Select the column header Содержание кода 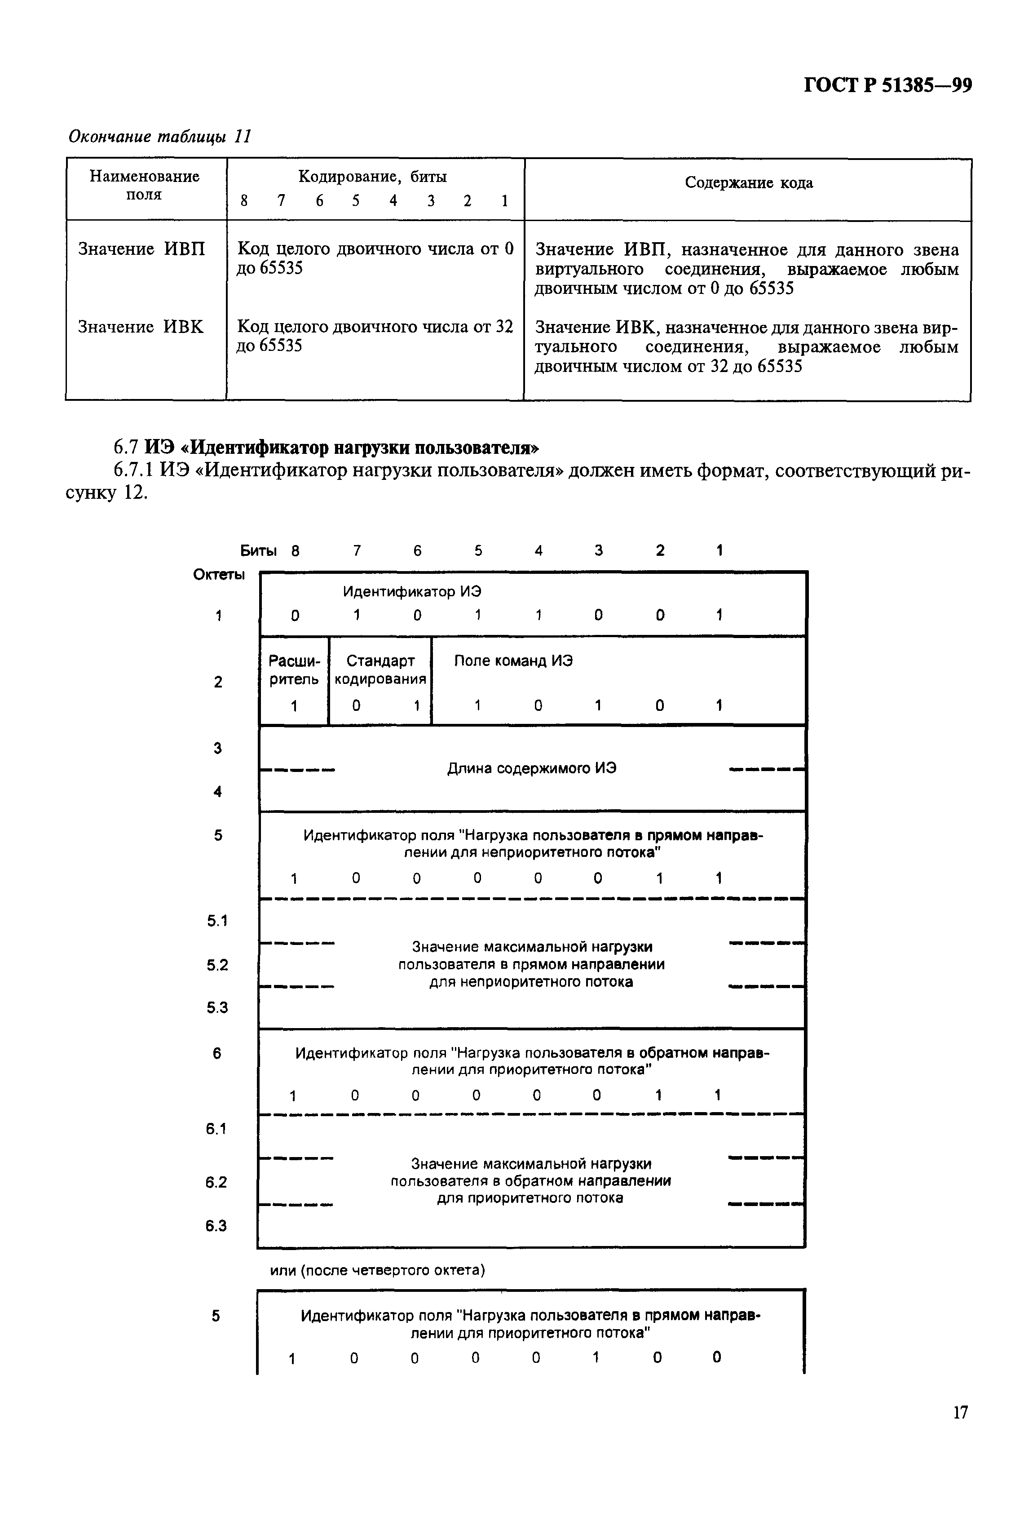[x=748, y=183]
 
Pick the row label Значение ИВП [x=141, y=249]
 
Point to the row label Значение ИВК [x=141, y=327]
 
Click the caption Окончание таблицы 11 [x=160, y=137]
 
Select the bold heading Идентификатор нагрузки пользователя [x=341, y=448]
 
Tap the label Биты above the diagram [x=258, y=551]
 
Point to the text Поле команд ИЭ [x=513, y=661]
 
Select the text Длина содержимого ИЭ [x=532, y=768]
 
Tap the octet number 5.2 [x=217, y=965]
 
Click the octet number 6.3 [x=216, y=1226]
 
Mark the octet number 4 [x=217, y=792]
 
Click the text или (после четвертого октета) [x=377, y=1270]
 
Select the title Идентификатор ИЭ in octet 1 [x=412, y=591]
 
